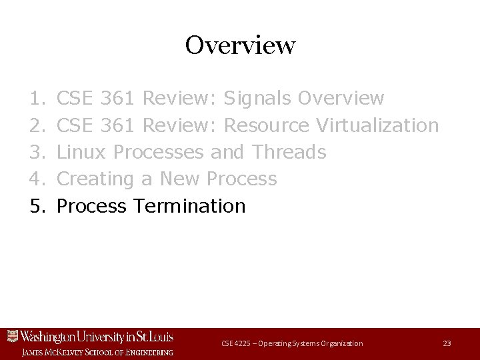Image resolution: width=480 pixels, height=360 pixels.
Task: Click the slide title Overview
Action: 240,46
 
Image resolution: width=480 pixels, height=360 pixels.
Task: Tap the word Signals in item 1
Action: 258,99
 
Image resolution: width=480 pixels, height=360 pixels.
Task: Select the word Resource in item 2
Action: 267,125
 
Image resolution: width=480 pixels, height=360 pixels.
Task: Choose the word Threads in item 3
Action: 289,152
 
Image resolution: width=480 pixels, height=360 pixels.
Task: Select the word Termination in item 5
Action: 189,206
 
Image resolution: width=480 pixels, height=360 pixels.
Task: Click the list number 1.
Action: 37,99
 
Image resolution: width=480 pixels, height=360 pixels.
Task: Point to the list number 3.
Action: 37,152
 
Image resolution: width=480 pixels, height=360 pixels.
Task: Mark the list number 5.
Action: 37,206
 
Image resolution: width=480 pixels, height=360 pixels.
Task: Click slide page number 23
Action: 447,343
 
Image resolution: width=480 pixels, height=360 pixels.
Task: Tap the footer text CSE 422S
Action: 237,343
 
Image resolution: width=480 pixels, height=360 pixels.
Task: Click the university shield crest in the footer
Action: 11,337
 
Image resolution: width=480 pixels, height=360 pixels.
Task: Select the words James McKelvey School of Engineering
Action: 97,351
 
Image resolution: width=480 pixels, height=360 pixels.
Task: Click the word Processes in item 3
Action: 159,152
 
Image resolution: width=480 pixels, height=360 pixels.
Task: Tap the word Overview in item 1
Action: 341,99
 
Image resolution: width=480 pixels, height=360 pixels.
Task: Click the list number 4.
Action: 37,179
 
